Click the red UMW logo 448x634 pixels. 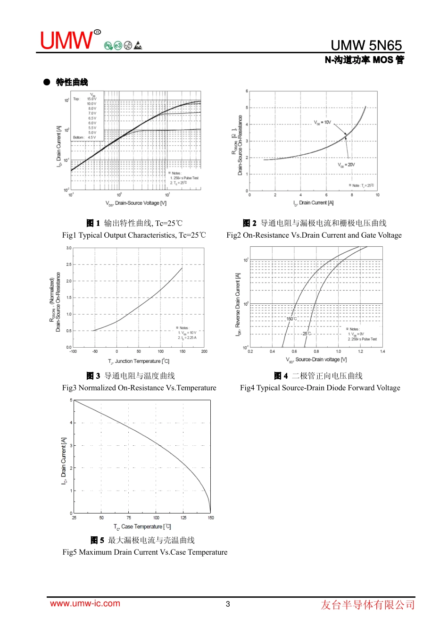coord(67,41)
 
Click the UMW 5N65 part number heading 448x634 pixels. coord(366,45)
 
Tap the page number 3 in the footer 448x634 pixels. coord(228,604)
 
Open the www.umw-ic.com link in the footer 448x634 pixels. coord(85,603)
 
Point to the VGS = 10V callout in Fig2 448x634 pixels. coord(323,123)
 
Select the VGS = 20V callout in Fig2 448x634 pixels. coord(346,165)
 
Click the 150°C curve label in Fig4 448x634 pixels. coord(292,319)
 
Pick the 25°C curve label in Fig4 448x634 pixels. coord(307,334)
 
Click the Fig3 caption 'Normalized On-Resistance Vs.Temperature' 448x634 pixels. coord(139,388)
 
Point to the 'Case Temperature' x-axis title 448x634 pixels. coord(142,527)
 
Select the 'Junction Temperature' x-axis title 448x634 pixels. coord(139,361)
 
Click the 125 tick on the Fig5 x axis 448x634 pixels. coord(183,517)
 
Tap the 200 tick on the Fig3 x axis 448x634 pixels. coord(204,351)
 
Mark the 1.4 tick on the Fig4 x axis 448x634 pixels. coord(382,351)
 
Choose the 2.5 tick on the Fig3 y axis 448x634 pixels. coord(69,265)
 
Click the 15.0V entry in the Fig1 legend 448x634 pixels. coord(91,99)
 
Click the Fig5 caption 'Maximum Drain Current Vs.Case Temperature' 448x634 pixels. coord(145,552)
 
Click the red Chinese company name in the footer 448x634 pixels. coord(368,605)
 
